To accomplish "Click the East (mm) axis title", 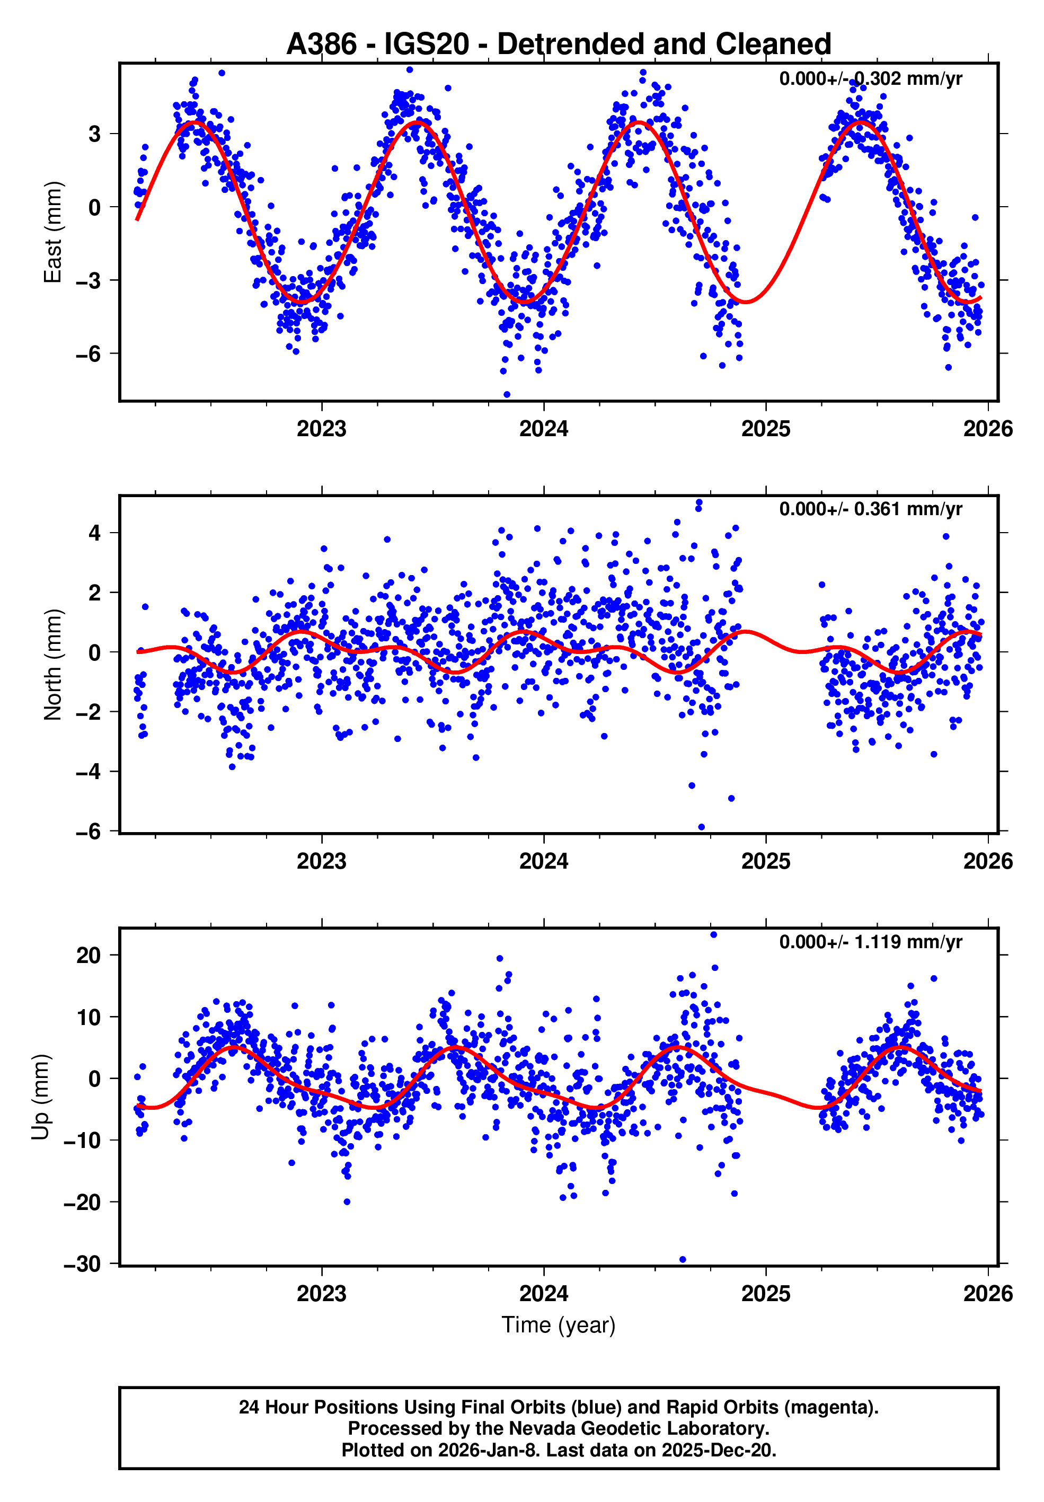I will pyautogui.click(x=52, y=232).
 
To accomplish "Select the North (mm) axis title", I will pyautogui.click(x=52, y=665).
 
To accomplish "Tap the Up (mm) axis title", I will pyautogui.click(x=41, y=1097).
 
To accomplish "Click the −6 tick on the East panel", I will pyautogui.click(x=87, y=355).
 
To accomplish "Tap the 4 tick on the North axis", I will pyautogui.click(x=95, y=533).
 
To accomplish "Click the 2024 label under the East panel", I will pyautogui.click(x=544, y=429).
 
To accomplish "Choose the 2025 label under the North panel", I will pyautogui.click(x=765, y=862).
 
